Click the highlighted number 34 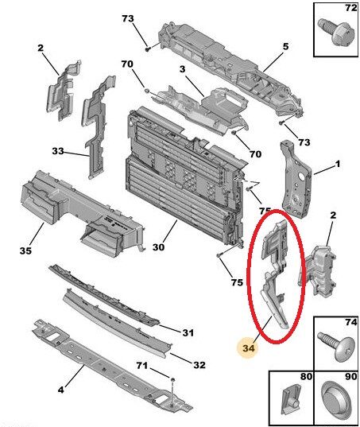[249, 346]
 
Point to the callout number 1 [338, 165]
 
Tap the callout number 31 [188, 332]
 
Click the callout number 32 [199, 365]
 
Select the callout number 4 [62, 390]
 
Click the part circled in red [273, 270]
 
